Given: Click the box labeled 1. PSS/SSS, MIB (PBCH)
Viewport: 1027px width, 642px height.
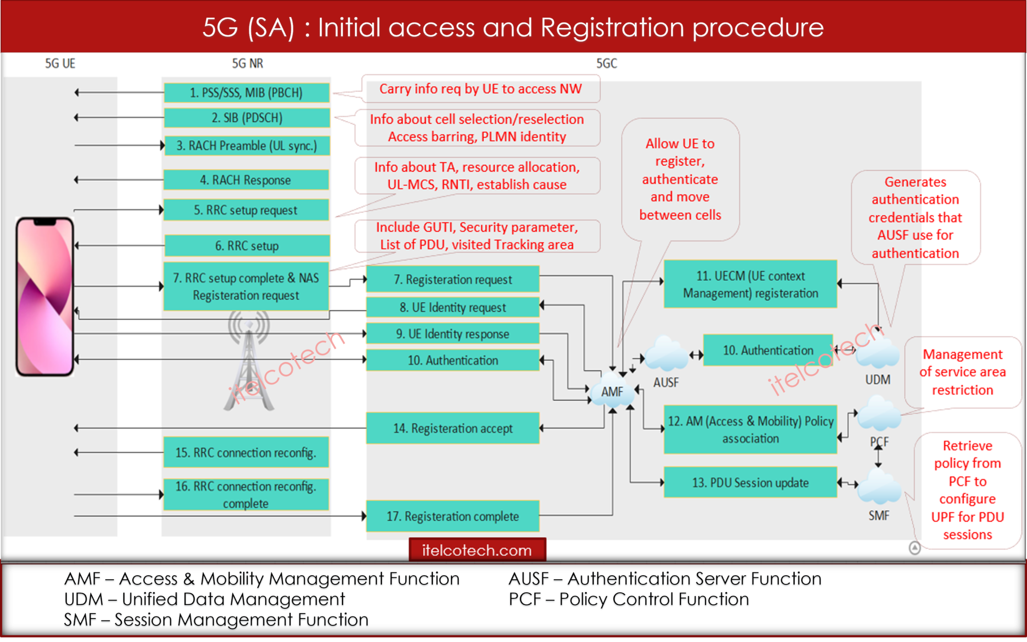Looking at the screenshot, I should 246,93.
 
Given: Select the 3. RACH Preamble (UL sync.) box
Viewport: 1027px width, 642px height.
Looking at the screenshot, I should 246,146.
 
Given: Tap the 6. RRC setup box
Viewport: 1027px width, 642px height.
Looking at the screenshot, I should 246,246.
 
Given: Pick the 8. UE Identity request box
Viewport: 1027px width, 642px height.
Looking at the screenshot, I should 452,307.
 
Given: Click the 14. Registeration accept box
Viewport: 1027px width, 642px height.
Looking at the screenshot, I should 452,428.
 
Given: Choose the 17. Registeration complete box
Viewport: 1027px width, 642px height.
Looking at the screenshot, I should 452,516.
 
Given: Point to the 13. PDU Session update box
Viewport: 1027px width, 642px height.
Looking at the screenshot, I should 750,482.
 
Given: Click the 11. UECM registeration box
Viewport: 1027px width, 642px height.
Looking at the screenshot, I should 750,284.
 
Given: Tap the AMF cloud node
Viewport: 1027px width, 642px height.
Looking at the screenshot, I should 612,391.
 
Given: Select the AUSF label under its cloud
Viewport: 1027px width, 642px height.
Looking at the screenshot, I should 665,382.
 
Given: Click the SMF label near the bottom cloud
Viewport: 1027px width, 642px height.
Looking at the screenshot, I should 879,515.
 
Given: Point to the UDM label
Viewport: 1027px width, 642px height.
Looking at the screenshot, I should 878,379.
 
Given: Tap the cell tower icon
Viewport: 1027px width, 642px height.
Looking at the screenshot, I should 249,361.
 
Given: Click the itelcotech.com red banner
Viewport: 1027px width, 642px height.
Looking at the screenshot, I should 477,550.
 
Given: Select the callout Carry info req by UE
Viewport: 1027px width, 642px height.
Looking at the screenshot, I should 480,89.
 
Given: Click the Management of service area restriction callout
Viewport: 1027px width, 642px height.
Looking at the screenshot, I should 962,372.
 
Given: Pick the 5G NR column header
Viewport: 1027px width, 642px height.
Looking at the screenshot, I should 247,64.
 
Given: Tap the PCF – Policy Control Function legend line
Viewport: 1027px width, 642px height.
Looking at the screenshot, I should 628,599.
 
